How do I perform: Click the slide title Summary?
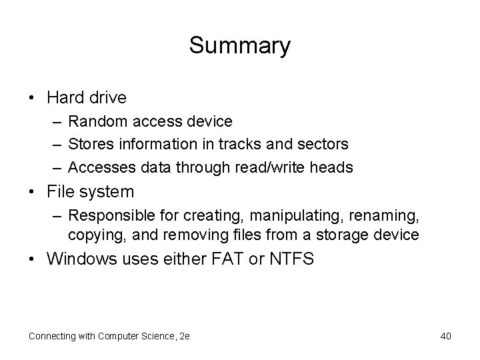pyautogui.click(x=239, y=46)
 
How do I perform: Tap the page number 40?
pyautogui.click(x=446, y=336)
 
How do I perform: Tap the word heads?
pyautogui.click(x=332, y=167)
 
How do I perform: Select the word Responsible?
pyautogui.click(x=109, y=216)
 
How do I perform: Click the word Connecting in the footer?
pyautogui.click(x=53, y=336)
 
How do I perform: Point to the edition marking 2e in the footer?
pyautogui.click(x=184, y=336)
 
